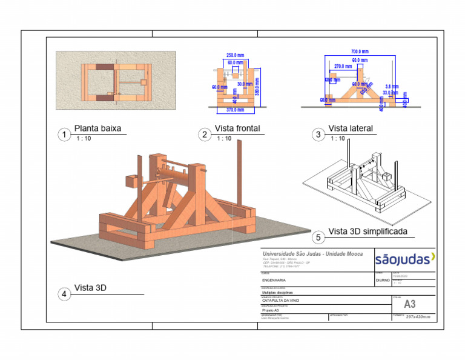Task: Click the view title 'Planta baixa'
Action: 97,128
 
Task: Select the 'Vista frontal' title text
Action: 237,128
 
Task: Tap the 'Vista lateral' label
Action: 351,128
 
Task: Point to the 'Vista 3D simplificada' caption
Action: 368,232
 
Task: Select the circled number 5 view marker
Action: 318,237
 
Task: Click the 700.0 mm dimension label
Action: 360,52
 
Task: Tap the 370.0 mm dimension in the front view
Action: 235,110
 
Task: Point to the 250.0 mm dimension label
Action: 235,56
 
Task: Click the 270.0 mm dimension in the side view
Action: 343,66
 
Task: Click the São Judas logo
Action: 404,260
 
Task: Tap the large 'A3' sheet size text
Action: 410,304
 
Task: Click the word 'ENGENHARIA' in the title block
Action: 274,281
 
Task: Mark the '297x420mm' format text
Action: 417,317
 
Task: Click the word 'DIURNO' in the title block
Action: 383,281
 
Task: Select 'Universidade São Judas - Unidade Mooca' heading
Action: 312,253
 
